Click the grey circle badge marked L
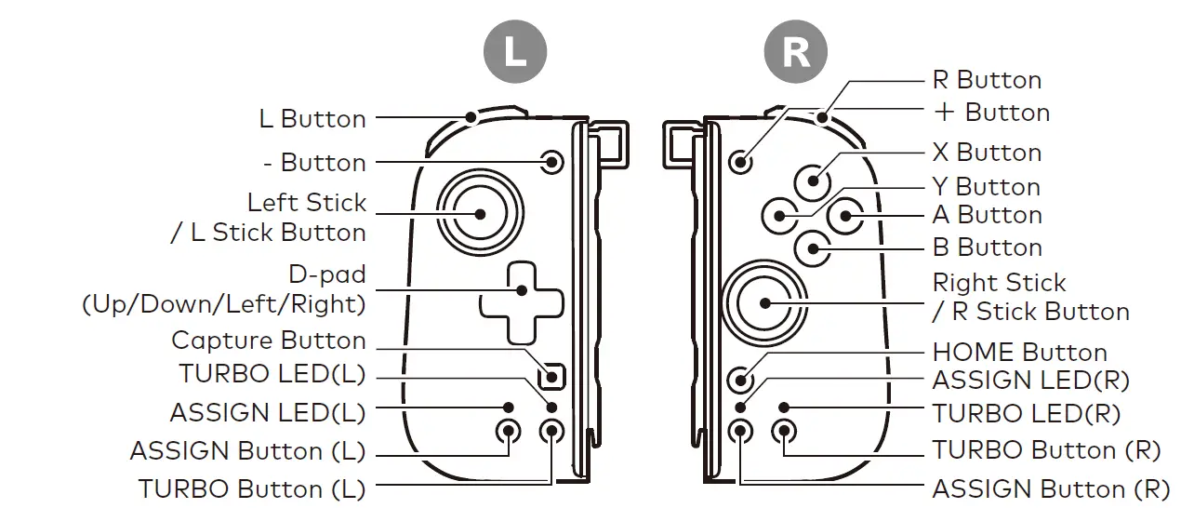(x=513, y=51)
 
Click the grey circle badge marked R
(x=796, y=51)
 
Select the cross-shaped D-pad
(x=521, y=302)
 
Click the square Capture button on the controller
(x=552, y=377)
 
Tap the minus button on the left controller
(x=552, y=162)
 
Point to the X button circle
(x=814, y=180)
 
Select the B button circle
(x=814, y=247)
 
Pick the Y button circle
(x=779, y=216)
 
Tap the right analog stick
(x=764, y=302)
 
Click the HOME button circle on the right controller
(x=741, y=379)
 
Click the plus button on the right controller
(x=741, y=161)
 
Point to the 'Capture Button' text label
(x=269, y=341)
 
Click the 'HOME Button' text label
(x=1019, y=353)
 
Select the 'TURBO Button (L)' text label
(x=252, y=488)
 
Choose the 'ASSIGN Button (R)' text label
(x=1050, y=488)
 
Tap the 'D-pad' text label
(x=327, y=275)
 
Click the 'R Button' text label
(x=987, y=80)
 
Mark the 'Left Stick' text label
(x=307, y=203)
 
